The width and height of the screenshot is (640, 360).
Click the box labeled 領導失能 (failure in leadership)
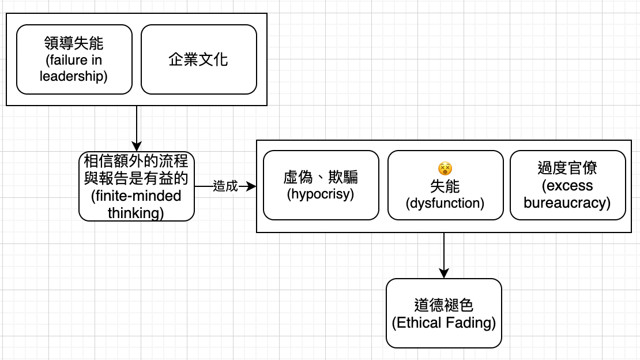click(x=74, y=59)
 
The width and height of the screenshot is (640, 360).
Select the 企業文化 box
click(x=199, y=59)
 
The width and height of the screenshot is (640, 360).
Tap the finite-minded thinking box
click(x=136, y=186)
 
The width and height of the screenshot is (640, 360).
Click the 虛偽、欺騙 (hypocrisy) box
click(x=321, y=185)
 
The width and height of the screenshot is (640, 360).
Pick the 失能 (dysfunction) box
click(x=445, y=185)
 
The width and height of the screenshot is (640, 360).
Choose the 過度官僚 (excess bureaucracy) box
click(x=568, y=185)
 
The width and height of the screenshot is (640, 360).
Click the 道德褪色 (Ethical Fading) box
click(x=443, y=313)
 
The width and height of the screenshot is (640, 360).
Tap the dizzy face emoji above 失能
click(x=445, y=168)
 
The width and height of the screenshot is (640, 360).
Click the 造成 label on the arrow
click(x=225, y=186)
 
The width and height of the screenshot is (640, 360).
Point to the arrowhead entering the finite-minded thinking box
click(x=137, y=147)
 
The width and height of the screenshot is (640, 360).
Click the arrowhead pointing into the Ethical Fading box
click(x=443, y=273)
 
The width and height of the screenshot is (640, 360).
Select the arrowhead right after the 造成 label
click(x=251, y=186)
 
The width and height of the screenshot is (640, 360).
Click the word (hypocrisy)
click(x=321, y=194)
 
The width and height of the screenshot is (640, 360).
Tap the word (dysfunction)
click(x=445, y=203)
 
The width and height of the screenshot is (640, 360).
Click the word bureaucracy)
click(x=567, y=203)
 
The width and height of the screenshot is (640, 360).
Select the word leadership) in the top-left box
click(x=73, y=76)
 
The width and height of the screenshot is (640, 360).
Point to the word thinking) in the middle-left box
click(x=136, y=213)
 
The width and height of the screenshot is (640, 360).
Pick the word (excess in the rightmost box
click(x=567, y=186)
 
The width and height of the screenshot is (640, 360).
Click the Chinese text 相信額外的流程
click(x=136, y=161)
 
